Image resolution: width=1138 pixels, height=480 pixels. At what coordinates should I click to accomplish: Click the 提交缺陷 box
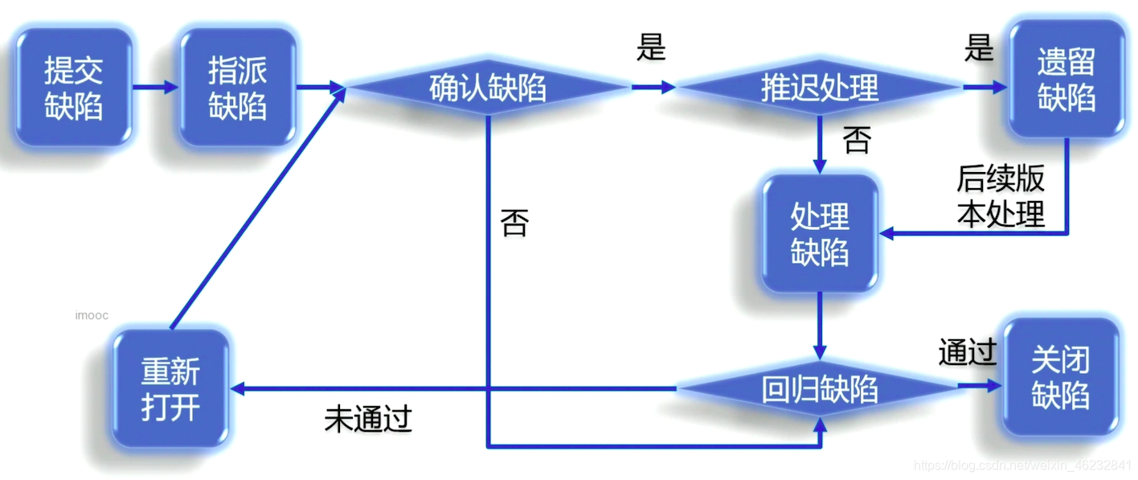tap(73, 88)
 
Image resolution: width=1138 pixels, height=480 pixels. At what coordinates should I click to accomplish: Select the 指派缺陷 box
tap(237, 88)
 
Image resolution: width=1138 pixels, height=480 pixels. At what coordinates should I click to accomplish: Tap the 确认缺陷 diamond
tap(487, 88)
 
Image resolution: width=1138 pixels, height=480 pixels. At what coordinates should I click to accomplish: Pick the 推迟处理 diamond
tap(819, 88)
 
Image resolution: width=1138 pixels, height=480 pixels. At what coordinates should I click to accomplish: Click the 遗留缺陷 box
tap(1066, 79)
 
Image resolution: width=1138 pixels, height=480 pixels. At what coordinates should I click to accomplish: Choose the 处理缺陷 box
tap(820, 234)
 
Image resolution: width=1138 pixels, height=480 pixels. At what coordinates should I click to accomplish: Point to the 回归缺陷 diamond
tap(819, 389)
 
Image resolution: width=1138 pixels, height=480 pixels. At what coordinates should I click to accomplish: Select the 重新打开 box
tap(170, 389)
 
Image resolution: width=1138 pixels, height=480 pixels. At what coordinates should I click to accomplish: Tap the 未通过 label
tap(368, 418)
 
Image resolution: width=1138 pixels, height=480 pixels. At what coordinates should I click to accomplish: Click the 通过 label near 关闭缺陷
tap(967, 352)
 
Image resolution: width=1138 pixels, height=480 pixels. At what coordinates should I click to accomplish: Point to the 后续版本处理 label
tap(1001, 197)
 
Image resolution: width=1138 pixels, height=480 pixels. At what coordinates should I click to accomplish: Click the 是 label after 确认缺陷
tap(651, 48)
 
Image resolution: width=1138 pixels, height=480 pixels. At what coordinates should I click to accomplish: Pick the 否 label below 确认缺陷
tap(514, 223)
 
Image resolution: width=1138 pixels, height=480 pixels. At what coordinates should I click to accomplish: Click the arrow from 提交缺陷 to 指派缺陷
tap(155, 87)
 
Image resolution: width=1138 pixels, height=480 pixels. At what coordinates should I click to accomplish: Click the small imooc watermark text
tap(92, 315)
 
